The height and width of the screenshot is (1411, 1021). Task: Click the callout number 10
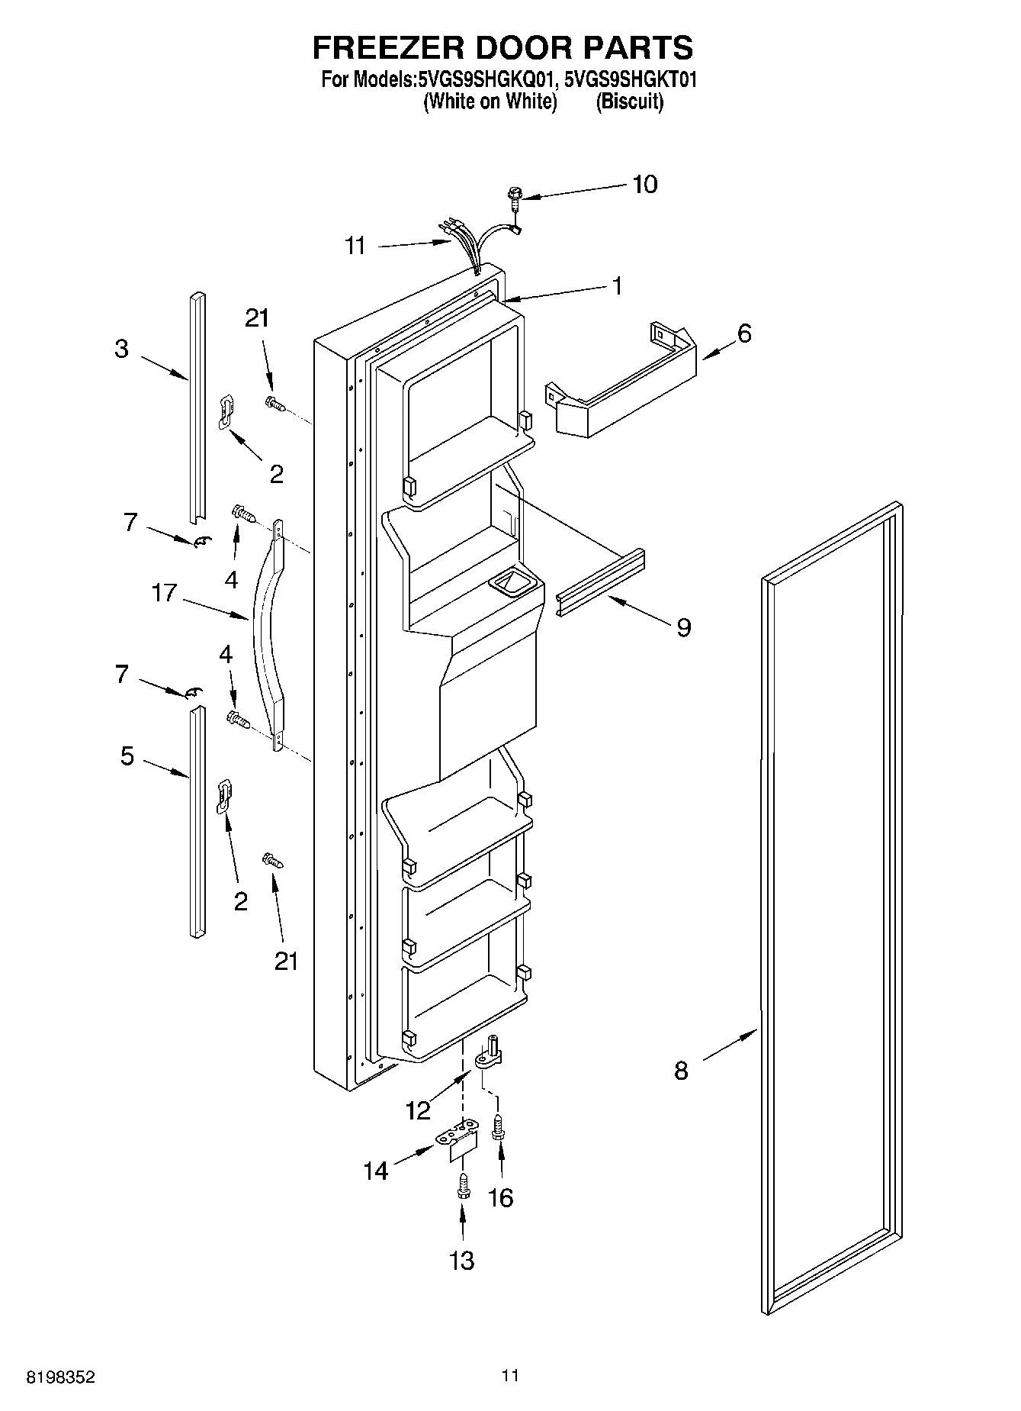click(x=644, y=185)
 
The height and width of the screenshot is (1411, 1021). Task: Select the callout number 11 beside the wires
click(x=355, y=246)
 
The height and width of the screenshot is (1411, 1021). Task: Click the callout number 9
click(x=683, y=627)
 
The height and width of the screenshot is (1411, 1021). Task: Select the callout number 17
click(x=165, y=592)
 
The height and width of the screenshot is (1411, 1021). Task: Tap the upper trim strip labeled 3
click(x=197, y=404)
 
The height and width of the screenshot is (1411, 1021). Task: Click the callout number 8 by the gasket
click(x=681, y=1071)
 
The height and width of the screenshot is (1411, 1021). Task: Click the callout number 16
click(x=500, y=1197)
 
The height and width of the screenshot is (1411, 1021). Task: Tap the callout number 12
click(x=418, y=1110)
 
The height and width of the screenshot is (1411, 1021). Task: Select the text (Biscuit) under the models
click(x=630, y=101)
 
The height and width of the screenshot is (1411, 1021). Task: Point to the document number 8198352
click(x=61, y=1377)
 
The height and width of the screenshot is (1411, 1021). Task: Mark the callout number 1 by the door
click(x=617, y=286)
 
